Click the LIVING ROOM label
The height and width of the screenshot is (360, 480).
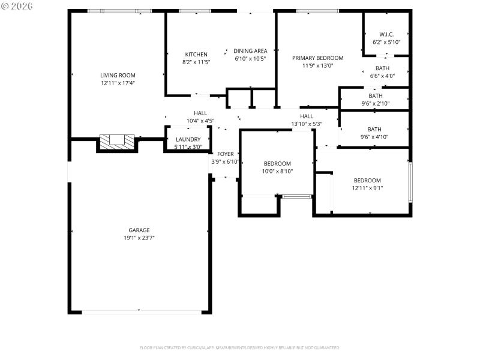[x=118, y=75]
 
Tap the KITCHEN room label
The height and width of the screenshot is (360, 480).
[x=196, y=55]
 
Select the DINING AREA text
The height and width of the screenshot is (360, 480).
[x=250, y=51]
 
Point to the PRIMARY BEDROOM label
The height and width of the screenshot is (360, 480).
[x=317, y=58]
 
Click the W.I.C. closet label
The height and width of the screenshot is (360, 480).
[x=386, y=34]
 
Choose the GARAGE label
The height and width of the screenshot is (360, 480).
[x=139, y=230]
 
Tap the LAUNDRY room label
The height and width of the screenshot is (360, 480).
[x=188, y=139]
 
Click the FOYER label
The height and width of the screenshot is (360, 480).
[x=226, y=154]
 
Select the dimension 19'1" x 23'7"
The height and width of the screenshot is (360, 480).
[x=139, y=238]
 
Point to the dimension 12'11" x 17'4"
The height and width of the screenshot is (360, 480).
[x=118, y=83]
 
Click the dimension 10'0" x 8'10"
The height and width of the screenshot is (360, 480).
[x=277, y=172]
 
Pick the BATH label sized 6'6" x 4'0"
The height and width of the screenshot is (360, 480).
[x=382, y=68]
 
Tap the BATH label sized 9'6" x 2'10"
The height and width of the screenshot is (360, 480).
[x=375, y=96]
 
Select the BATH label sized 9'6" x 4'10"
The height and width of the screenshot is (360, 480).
[x=374, y=129]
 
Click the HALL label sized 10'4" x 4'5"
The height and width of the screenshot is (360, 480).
[x=200, y=113]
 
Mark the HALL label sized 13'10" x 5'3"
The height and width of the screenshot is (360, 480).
[x=307, y=116]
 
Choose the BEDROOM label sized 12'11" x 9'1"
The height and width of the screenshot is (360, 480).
[x=367, y=181]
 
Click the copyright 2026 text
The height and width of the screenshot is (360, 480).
[x=18, y=5]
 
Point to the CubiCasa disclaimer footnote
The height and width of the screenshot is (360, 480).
[x=240, y=348]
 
